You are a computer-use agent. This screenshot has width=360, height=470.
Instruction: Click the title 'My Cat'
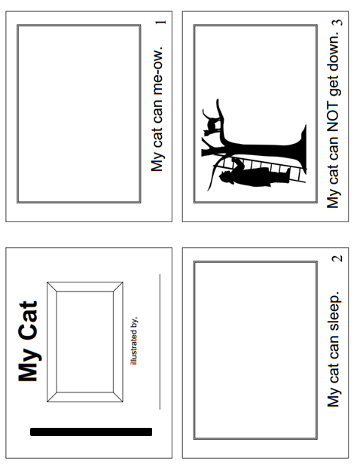pyautogui.click(x=29, y=341)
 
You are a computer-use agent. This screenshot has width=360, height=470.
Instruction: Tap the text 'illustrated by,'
pyautogui.click(x=134, y=340)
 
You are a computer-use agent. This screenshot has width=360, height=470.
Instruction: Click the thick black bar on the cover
pyautogui.click(x=91, y=432)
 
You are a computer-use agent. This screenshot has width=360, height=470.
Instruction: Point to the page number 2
pyautogui.click(x=337, y=258)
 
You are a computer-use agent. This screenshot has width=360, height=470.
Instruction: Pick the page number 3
pyautogui.click(x=337, y=23)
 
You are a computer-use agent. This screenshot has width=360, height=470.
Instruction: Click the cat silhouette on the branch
pyautogui.click(x=212, y=123)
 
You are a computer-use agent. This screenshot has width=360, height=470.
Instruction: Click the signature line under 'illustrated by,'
pyautogui.click(x=160, y=341)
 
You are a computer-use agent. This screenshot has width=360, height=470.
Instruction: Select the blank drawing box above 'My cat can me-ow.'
pyautogui.click(x=79, y=114)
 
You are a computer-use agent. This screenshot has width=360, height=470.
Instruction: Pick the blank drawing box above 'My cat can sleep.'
pyautogui.click(x=255, y=350)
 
